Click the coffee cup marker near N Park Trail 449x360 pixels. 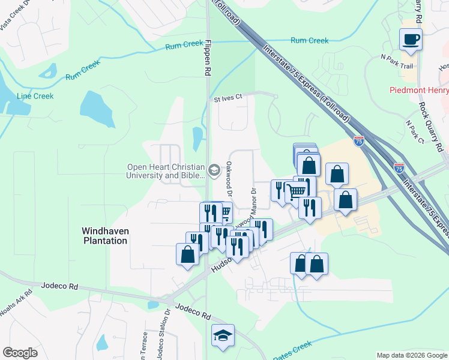[x=411, y=40]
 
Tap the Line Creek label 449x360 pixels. [x=35, y=96]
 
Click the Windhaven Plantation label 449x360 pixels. [x=104, y=235]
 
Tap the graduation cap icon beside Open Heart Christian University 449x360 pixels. [x=214, y=171]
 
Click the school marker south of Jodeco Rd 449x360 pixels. [x=223, y=336]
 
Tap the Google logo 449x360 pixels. [x=20, y=353]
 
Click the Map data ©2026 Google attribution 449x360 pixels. [x=411, y=355]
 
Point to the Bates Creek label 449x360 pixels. [x=292, y=350]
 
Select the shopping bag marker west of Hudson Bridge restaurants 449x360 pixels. [x=187, y=254]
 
